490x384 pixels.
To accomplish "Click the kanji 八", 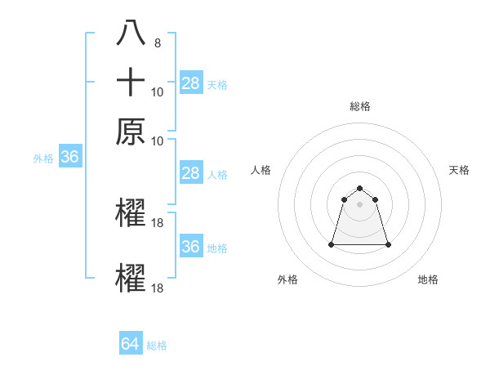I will pos(131,33).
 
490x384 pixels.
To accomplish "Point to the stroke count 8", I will pos(157,43).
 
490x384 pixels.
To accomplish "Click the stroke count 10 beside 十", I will pos(158,92).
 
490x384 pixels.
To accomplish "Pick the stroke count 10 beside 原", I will pos(158,141).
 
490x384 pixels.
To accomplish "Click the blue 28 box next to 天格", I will pos(191,83).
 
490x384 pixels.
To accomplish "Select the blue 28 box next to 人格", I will pos(191,173).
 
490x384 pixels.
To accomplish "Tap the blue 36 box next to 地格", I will pos(191,247).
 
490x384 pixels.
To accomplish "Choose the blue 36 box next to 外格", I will pos(69,158).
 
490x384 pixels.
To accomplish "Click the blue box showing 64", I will pos(131,344).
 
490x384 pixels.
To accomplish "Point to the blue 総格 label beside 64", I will pos(158,346).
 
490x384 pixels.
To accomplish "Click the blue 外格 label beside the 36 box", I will pos(43,159).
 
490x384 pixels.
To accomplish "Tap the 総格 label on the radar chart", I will pos(360,106).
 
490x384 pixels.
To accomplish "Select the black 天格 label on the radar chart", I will pos(460,170).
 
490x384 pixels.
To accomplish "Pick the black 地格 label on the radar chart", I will pos(428,279).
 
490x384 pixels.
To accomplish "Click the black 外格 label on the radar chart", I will pos(287,279).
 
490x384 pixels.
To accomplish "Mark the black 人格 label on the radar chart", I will pos(261,170).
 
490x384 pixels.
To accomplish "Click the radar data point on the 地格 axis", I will pos(388,244).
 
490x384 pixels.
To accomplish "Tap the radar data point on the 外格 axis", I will pos(332,244).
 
